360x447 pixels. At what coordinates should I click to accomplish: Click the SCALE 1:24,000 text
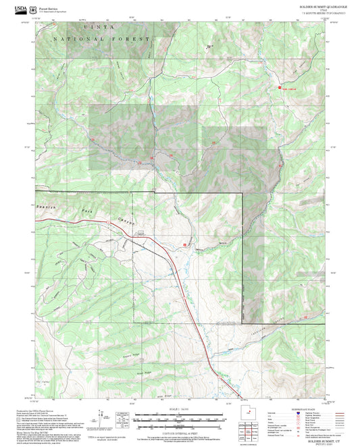pyautogui.click(x=179, y=410)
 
